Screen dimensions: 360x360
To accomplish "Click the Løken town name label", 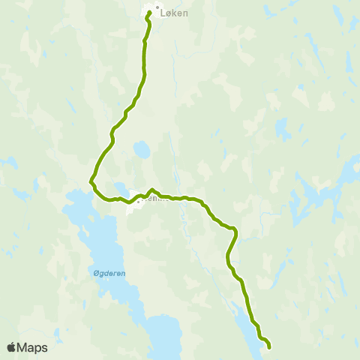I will pyautogui.click(x=174, y=13).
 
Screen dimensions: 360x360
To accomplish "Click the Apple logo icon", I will pyautogui.click(x=11, y=347).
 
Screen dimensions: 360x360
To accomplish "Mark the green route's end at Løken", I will pyautogui.click(x=150, y=13).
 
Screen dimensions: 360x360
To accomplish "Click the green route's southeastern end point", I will pyautogui.click(x=268, y=346).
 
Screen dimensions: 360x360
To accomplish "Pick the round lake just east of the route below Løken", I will pyautogui.click(x=142, y=150).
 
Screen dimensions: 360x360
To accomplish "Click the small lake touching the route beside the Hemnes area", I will pyautogui.click(x=120, y=187).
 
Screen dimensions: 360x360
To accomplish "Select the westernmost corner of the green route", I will pyautogui.click(x=91, y=181).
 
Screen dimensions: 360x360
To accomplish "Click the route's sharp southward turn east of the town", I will pyautogui.click(x=235, y=229).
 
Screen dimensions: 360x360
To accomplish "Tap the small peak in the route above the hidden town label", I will pyautogui.click(x=152, y=190).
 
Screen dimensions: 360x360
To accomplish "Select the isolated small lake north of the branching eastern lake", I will pyautogui.click(x=283, y=131).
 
